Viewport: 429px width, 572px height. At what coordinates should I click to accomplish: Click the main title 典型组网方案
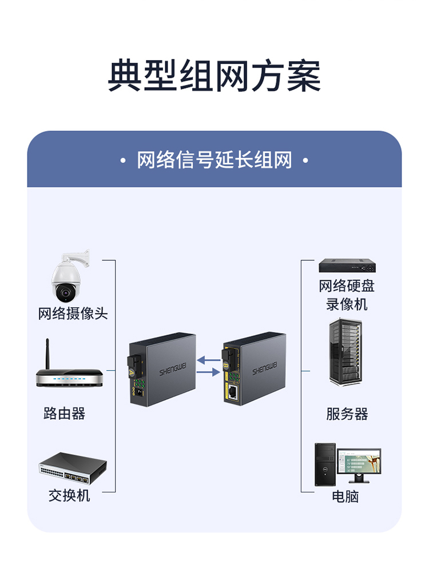(x=214, y=76)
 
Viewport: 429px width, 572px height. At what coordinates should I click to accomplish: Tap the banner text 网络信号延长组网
(x=214, y=160)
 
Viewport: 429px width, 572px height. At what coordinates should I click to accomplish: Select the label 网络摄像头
(x=73, y=313)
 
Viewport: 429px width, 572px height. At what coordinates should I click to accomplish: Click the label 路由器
(x=65, y=414)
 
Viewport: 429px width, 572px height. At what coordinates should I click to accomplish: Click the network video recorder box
(x=347, y=265)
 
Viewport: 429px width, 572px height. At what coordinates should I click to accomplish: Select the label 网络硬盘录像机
(x=347, y=295)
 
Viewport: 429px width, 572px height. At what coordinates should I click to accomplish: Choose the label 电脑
(x=345, y=496)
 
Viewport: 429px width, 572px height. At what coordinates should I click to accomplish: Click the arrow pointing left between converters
(x=209, y=360)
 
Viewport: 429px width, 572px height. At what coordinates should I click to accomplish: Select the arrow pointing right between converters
(x=209, y=372)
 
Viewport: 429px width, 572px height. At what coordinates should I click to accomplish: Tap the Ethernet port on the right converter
(x=233, y=392)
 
